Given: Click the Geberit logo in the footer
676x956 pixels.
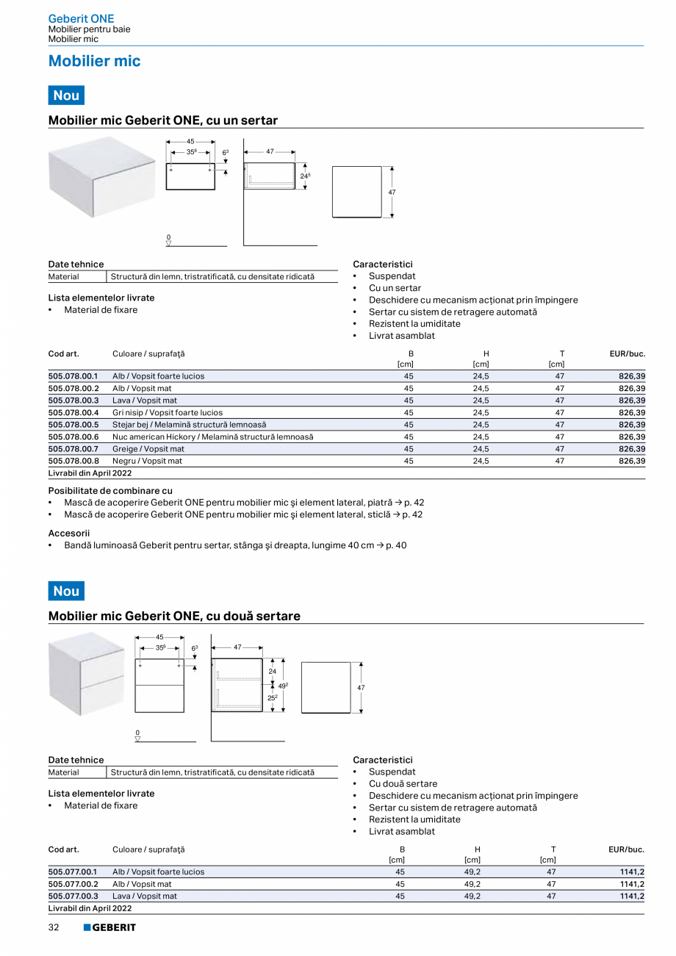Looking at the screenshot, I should (x=109, y=927).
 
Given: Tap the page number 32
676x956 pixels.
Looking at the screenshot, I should (x=54, y=927).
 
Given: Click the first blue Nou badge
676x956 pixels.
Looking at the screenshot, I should (x=66, y=96).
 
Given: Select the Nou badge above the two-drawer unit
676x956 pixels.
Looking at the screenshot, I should (x=66, y=591).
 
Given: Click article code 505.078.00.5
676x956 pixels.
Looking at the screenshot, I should (x=73, y=425).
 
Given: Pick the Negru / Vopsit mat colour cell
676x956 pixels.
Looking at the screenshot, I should (x=147, y=461).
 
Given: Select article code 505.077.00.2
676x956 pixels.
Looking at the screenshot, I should (x=73, y=884).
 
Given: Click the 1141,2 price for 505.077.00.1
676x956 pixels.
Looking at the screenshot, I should (x=632, y=872).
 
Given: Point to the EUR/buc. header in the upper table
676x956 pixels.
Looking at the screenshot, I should (x=627, y=353).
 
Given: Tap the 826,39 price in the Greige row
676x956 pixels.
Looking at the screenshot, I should (x=631, y=449).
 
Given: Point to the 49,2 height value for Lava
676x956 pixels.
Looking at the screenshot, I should (x=472, y=896).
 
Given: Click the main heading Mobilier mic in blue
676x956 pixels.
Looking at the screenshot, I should (x=94, y=61).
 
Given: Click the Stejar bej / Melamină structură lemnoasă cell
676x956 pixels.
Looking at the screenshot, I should (x=189, y=425).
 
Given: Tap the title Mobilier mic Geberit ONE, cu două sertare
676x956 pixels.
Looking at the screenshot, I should (x=174, y=616).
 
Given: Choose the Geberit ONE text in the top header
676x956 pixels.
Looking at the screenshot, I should (x=81, y=18).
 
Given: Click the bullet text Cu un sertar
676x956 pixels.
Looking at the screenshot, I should (x=395, y=288).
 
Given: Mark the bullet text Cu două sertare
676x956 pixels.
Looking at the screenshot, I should (x=403, y=784).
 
